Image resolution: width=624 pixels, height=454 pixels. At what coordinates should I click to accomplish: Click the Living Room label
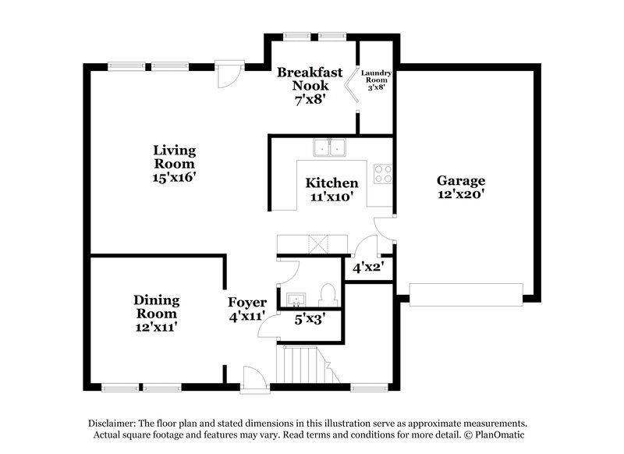click(x=174, y=157)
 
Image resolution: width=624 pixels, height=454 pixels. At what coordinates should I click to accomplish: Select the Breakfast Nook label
click(x=310, y=79)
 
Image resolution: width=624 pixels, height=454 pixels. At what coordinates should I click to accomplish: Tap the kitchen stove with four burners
click(x=382, y=173)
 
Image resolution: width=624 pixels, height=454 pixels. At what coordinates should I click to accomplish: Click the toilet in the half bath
click(x=328, y=294)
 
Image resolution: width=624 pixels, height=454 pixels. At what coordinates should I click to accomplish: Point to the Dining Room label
click(x=156, y=307)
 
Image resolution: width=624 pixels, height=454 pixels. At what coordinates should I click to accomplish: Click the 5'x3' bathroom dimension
click(x=309, y=318)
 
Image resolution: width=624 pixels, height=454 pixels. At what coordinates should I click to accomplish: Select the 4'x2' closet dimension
click(x=367, y=268)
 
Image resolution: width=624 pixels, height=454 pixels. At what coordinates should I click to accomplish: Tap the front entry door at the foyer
click(x=253, y=381)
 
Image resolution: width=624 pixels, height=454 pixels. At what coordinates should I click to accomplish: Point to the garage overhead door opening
click(x=466, y=294)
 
